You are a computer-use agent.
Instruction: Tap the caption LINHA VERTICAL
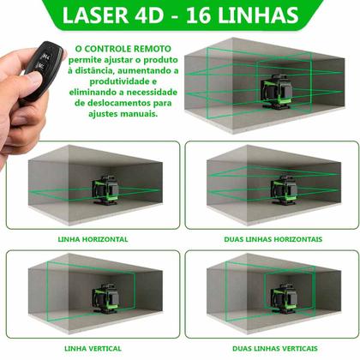(93, 347)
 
